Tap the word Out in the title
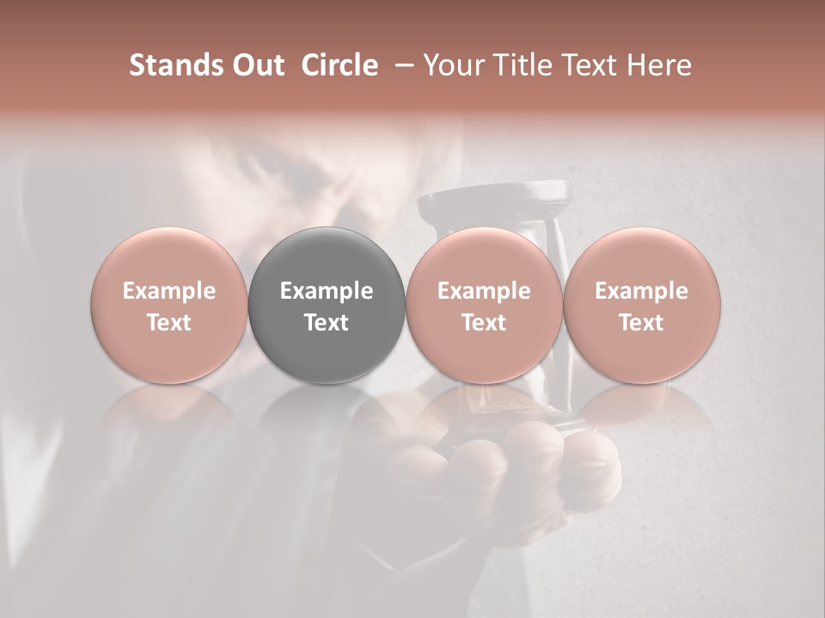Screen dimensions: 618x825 click(255, 65)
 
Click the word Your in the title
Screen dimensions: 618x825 click(450, 65)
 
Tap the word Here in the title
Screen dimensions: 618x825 click(660, 65)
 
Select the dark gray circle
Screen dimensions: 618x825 click(327, 305)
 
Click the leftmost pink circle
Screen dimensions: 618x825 click(169, 305)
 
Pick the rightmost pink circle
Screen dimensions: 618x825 click(641, 305)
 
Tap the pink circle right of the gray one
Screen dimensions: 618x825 click(484, 305)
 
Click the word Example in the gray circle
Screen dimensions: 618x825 click(327, 291)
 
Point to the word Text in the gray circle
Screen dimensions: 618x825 click(327, 322)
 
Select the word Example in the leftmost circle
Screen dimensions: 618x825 click(169, 291)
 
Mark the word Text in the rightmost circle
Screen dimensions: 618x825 click(641, 322)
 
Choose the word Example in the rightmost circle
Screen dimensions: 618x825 click(641, 291)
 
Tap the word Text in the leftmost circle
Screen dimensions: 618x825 click(169, 322)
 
